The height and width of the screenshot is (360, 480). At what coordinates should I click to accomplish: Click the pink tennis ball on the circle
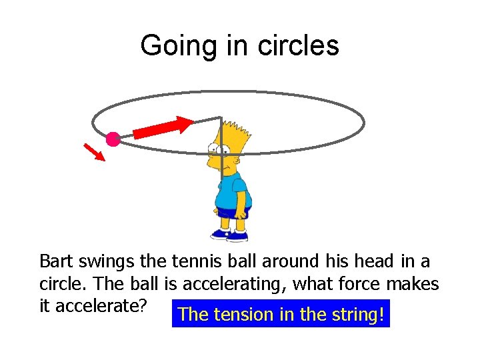point(113,139)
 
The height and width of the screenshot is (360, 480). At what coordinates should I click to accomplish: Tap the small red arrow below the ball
point(95,151)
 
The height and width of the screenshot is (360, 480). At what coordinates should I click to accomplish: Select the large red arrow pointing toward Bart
point(164,127)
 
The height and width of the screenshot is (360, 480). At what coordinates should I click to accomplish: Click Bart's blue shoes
point(230,234)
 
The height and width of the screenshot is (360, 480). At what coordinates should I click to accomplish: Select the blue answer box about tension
point(281,314)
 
